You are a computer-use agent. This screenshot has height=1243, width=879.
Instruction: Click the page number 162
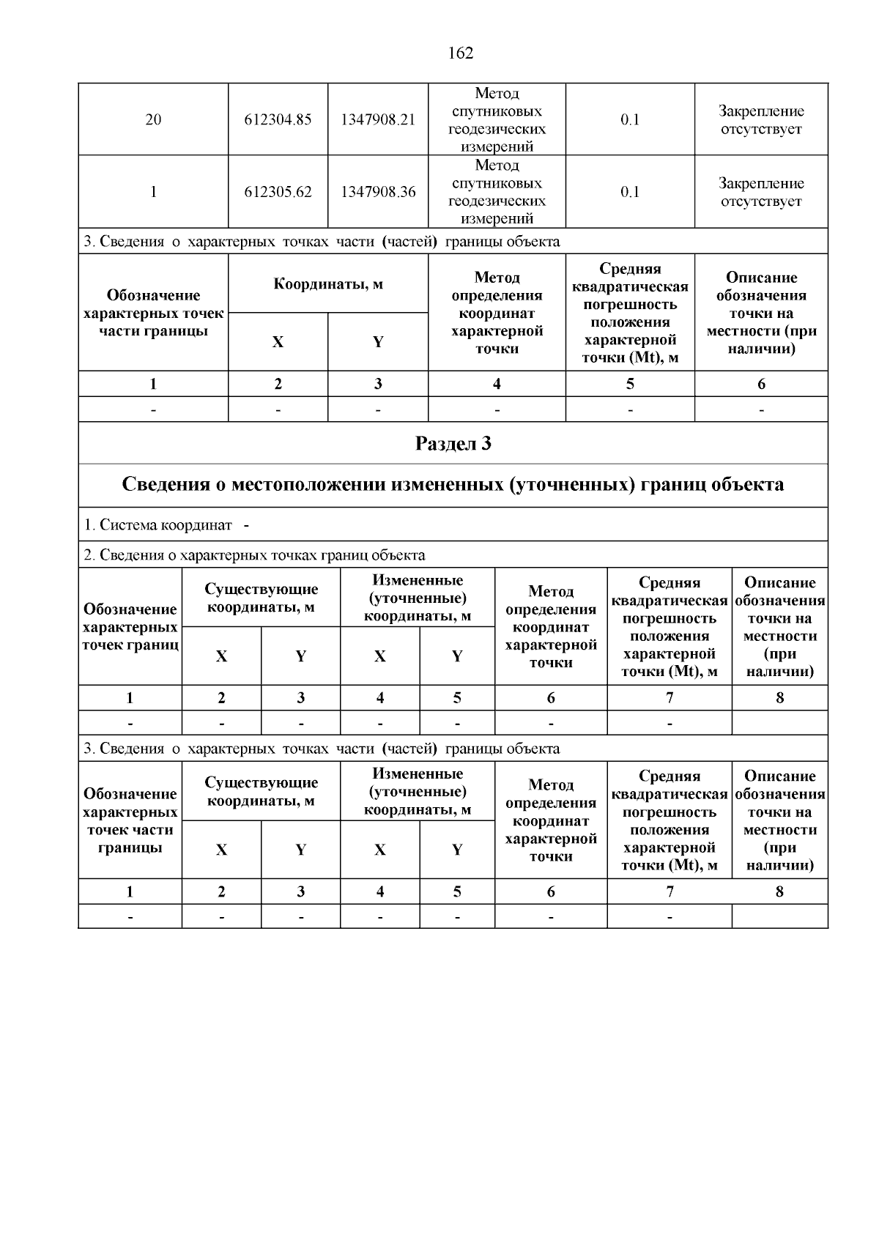coord(460,53)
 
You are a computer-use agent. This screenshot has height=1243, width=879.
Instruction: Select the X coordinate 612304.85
coord(278,119)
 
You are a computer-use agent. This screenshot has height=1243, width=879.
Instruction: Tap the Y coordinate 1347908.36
coord(378,192)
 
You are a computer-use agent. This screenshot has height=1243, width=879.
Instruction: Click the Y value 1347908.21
coord(378,119)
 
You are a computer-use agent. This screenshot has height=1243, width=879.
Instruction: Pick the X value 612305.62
coord(278,192)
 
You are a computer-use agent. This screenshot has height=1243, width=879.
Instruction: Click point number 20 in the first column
coord(153,119)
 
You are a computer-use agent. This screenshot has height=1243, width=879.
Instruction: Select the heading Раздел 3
coord(453,444)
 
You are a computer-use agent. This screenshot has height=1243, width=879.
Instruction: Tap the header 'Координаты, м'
coord(328,284)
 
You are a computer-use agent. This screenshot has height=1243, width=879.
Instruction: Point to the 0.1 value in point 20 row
coord(630,119)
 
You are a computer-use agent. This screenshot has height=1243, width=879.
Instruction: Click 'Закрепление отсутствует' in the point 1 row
coord(761,192)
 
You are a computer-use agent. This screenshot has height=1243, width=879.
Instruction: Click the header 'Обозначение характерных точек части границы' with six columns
coord(153,313)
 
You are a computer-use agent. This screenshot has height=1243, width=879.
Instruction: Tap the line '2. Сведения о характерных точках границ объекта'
coord(254,555)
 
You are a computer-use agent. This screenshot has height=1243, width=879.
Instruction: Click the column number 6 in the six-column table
coord(761,384)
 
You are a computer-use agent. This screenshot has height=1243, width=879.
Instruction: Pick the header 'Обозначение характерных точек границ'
coord(130,627)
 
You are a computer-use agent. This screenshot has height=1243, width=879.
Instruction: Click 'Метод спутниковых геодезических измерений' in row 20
coord(497,119)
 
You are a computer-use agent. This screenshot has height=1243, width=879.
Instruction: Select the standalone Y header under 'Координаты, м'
coord(378,342)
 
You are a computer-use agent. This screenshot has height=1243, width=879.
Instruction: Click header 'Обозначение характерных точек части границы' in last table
coord(130,820)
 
